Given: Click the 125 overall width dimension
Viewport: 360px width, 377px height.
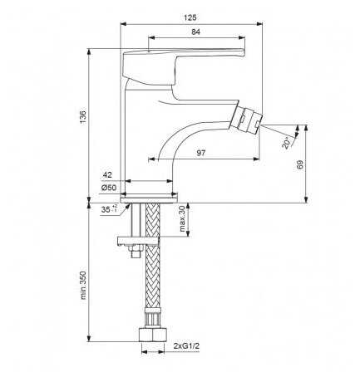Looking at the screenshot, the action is tap(190, 17).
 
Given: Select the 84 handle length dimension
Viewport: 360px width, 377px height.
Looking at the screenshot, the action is tap(195, 32).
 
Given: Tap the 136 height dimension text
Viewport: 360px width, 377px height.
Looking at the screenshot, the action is tap(83, 117).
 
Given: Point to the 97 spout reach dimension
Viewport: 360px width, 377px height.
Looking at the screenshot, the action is tap(201, 153).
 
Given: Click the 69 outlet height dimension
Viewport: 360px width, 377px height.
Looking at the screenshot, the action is tap(300, 164).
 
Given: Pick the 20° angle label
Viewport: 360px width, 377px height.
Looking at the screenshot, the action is tap(287, 143).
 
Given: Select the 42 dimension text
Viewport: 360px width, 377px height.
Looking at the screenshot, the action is tap(107, 175).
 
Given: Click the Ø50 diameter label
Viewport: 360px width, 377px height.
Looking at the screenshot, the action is tap(109, 188).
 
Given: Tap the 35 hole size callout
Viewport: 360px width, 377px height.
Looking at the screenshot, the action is tap(109, 209).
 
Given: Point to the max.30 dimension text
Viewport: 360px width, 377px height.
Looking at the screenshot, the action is tap(182, 218).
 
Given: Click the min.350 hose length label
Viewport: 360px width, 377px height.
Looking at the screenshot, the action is tap(83, 285).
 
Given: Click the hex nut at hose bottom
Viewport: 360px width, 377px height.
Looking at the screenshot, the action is tap(153, 335).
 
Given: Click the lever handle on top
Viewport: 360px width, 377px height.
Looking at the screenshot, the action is tap(184, 66).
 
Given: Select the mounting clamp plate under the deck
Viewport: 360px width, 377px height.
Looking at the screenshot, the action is tap(138, 241).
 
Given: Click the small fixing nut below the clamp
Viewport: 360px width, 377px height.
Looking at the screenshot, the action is tap(135, 252).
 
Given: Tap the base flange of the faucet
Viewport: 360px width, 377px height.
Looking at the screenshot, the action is tap(149, 200).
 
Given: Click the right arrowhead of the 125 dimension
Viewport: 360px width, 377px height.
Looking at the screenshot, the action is tap(259, 24).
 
